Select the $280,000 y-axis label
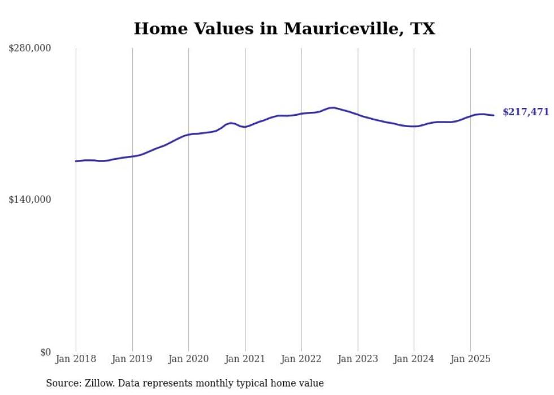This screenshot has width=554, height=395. pyautogui.click(x=30, y=49)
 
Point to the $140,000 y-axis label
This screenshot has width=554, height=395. pyautogui.click(x=30, y=199)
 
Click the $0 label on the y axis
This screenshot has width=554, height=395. pyautogui.click(x=45, y=352)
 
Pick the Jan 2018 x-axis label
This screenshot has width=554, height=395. pyautogui.click(x=76, y=359)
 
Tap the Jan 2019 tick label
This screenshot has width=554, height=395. pyautogui.click(x=132, y=359)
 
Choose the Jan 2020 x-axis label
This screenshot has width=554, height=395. pyautogui.click(x=189, y=359)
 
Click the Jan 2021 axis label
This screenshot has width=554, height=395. pyautogui.click(x=245, y=359)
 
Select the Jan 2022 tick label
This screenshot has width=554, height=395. pyautogui.click(x=301, y=359)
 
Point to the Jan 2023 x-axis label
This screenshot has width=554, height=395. pyautogui.click(x=357, y=359)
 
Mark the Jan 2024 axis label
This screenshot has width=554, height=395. pyautogui.click(x=414, y=359)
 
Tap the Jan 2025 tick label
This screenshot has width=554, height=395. pyautogui.click(x=470, y=359)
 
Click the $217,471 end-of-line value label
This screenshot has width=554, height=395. pyautogui.click(x=526, y=112)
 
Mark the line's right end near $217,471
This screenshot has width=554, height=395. pyautogui.click(x=494, y=115)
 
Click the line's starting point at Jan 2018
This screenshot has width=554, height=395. pyautogui.click(x=76, y=161)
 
